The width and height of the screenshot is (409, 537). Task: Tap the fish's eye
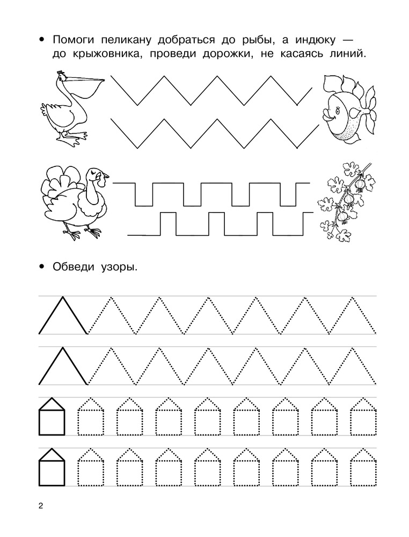tap(339, 110)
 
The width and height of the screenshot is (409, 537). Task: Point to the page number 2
tap(41, 505)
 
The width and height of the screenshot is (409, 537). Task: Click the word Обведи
tap(73, 267)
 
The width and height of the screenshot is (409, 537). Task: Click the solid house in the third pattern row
tap(52, 417)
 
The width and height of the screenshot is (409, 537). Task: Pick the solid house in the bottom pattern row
tap(52, 467)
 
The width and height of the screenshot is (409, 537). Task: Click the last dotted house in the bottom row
tap(363, 467)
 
